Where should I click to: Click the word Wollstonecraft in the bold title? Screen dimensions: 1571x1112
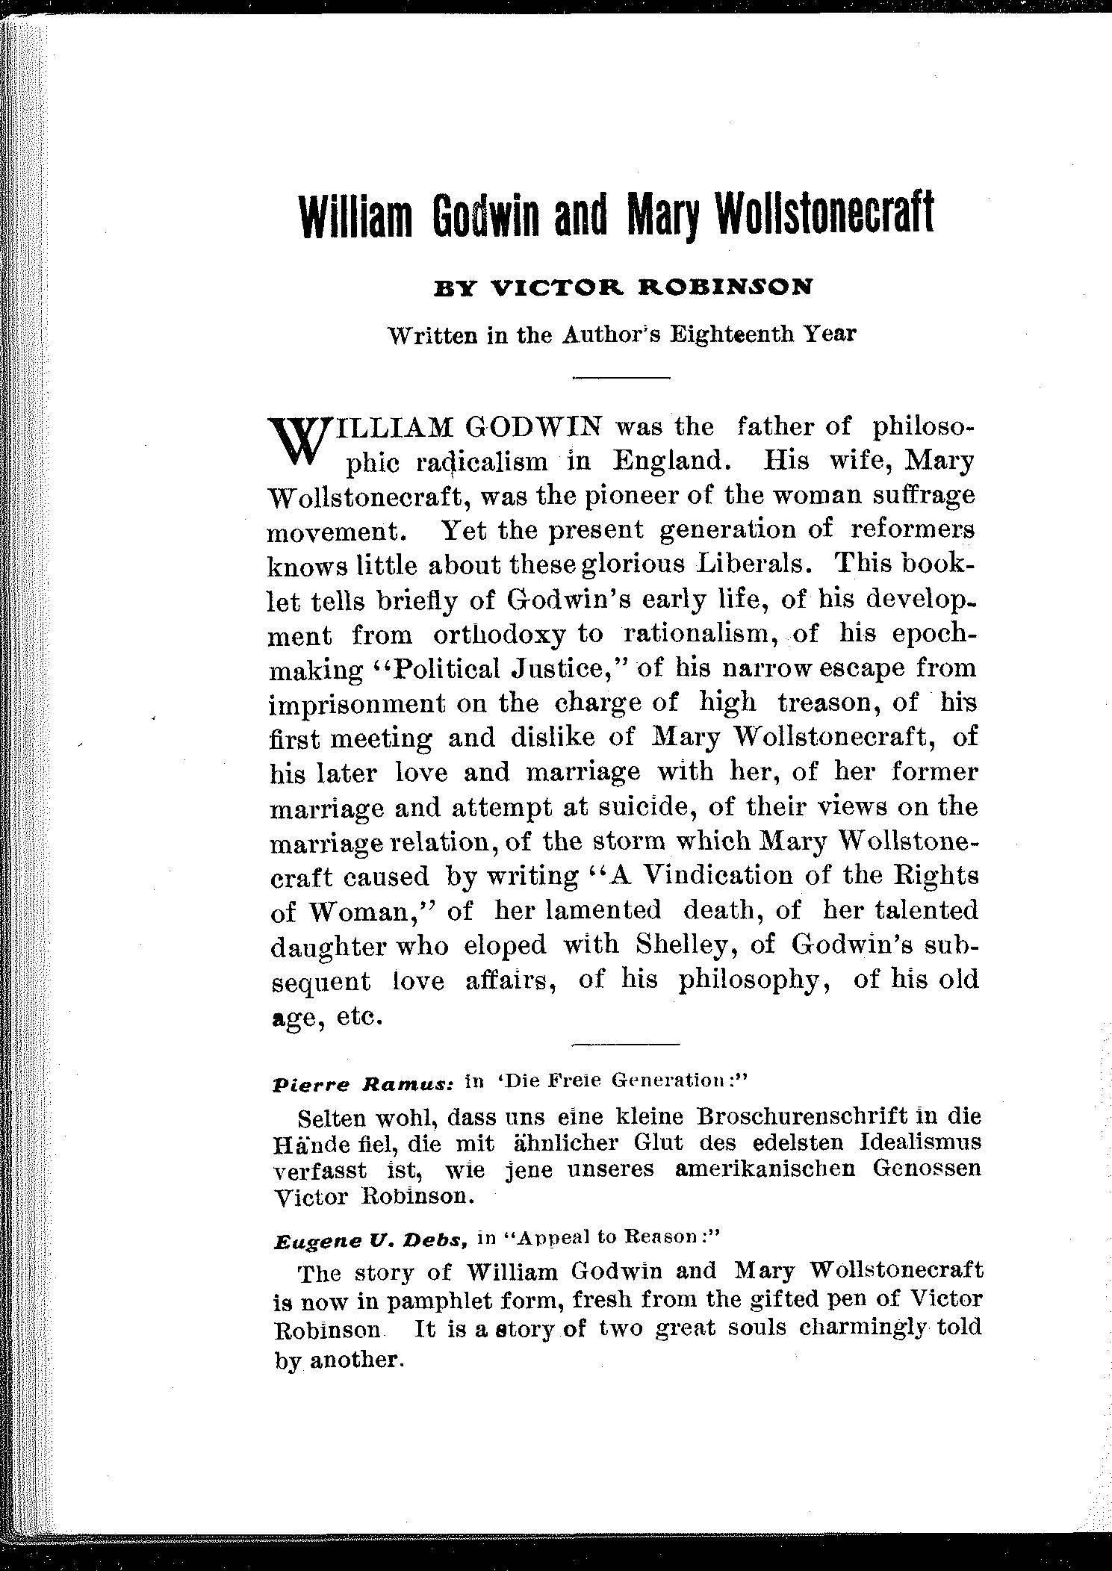[x=824, y=215]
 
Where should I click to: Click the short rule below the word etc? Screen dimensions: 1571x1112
[x=626, y=1042]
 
